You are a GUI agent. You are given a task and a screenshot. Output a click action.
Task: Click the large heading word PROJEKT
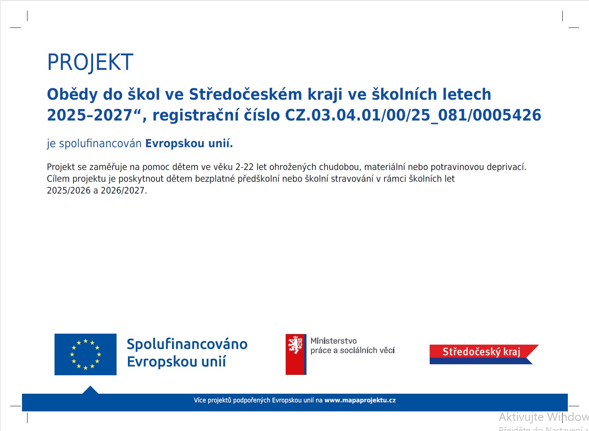point(90,62)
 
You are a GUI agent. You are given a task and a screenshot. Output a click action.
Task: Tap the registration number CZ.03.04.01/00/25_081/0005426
point(413,115)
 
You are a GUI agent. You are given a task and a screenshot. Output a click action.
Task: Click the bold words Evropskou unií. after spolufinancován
point(189,144)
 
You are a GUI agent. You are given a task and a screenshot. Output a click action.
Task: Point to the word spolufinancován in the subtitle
point(100,144)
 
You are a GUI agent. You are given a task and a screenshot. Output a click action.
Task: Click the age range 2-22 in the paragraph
point(244,167)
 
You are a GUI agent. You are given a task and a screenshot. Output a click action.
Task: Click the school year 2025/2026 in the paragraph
point(69,190)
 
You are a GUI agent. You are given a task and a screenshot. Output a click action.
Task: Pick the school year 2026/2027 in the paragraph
point(122,190)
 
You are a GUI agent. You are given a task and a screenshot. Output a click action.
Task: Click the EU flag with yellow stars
point(86,354)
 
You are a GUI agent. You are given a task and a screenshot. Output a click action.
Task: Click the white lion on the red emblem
point(295,344)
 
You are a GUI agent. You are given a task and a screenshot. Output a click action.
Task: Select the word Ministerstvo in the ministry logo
point(334,341)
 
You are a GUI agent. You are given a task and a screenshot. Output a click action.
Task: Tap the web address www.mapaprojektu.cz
point(360,400)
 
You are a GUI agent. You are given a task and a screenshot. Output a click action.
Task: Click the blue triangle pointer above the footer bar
point(91,390)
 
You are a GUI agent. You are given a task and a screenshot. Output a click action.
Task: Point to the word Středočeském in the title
point(246,95)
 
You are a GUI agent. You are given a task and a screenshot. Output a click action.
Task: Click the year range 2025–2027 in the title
point(89,115)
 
